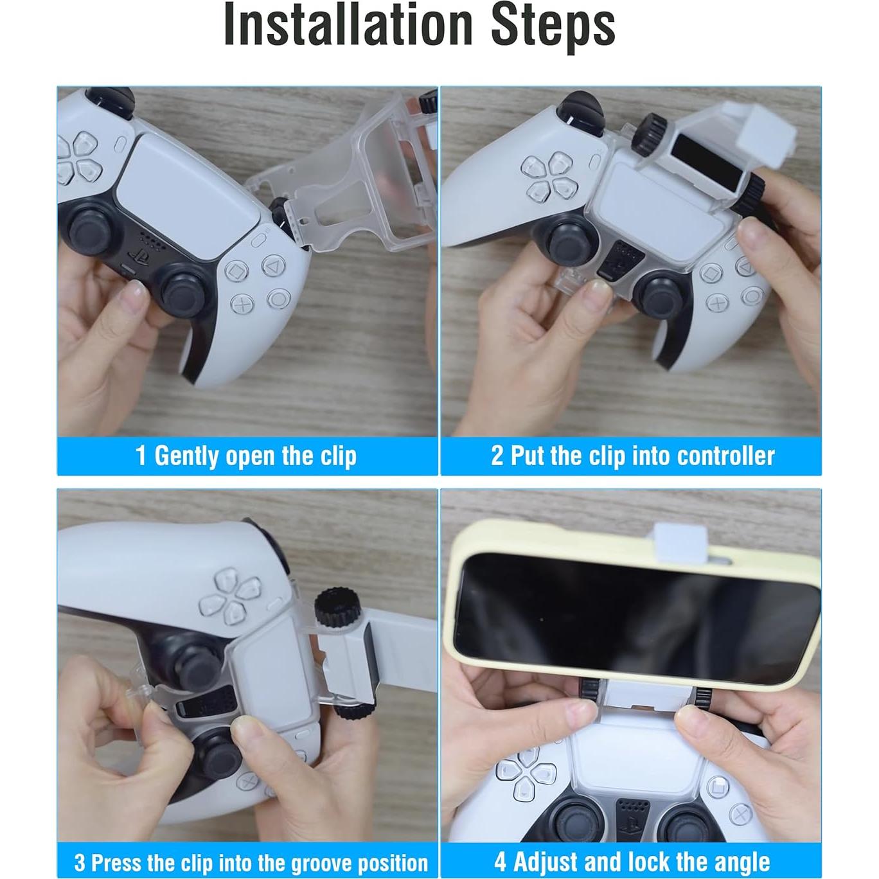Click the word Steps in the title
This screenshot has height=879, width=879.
tap(553, 26)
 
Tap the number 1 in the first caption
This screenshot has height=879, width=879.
tap(141, 456)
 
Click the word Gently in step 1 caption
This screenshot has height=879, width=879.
tap(186, 456)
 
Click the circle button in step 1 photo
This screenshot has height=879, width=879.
tap(279, 299)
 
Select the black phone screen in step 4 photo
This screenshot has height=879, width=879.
tap(636, 617)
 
